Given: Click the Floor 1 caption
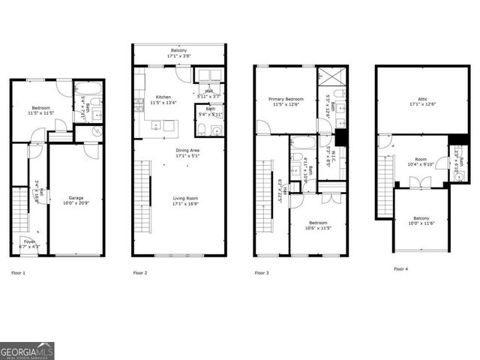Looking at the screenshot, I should point(17,272).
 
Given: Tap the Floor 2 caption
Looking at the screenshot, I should point(139,272).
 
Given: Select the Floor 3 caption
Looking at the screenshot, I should point(261,272).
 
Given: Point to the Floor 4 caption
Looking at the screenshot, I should point(402,268).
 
